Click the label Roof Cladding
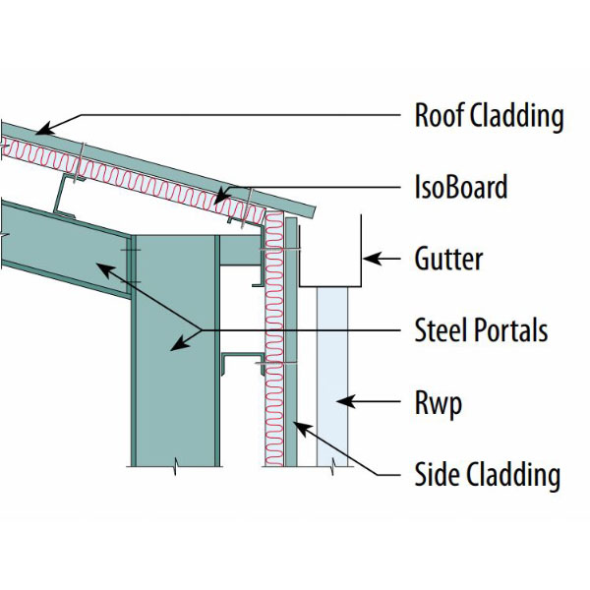pos(489,115)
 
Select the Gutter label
pos(448,260)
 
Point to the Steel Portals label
pos(481,330)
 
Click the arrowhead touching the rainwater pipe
pos(339,401)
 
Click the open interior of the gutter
pos(329,251)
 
